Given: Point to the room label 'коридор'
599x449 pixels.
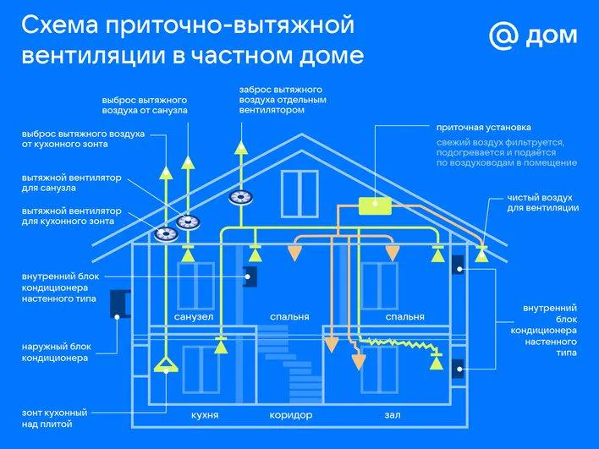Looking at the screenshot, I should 291,416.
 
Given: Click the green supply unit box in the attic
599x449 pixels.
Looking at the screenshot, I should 372,205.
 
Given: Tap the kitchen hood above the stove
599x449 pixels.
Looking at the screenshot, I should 166,365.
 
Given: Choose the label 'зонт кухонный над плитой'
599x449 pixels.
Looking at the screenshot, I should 50,418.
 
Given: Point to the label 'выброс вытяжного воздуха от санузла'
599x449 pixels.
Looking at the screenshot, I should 140,105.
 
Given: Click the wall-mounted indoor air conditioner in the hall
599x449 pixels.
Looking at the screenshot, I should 459,368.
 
